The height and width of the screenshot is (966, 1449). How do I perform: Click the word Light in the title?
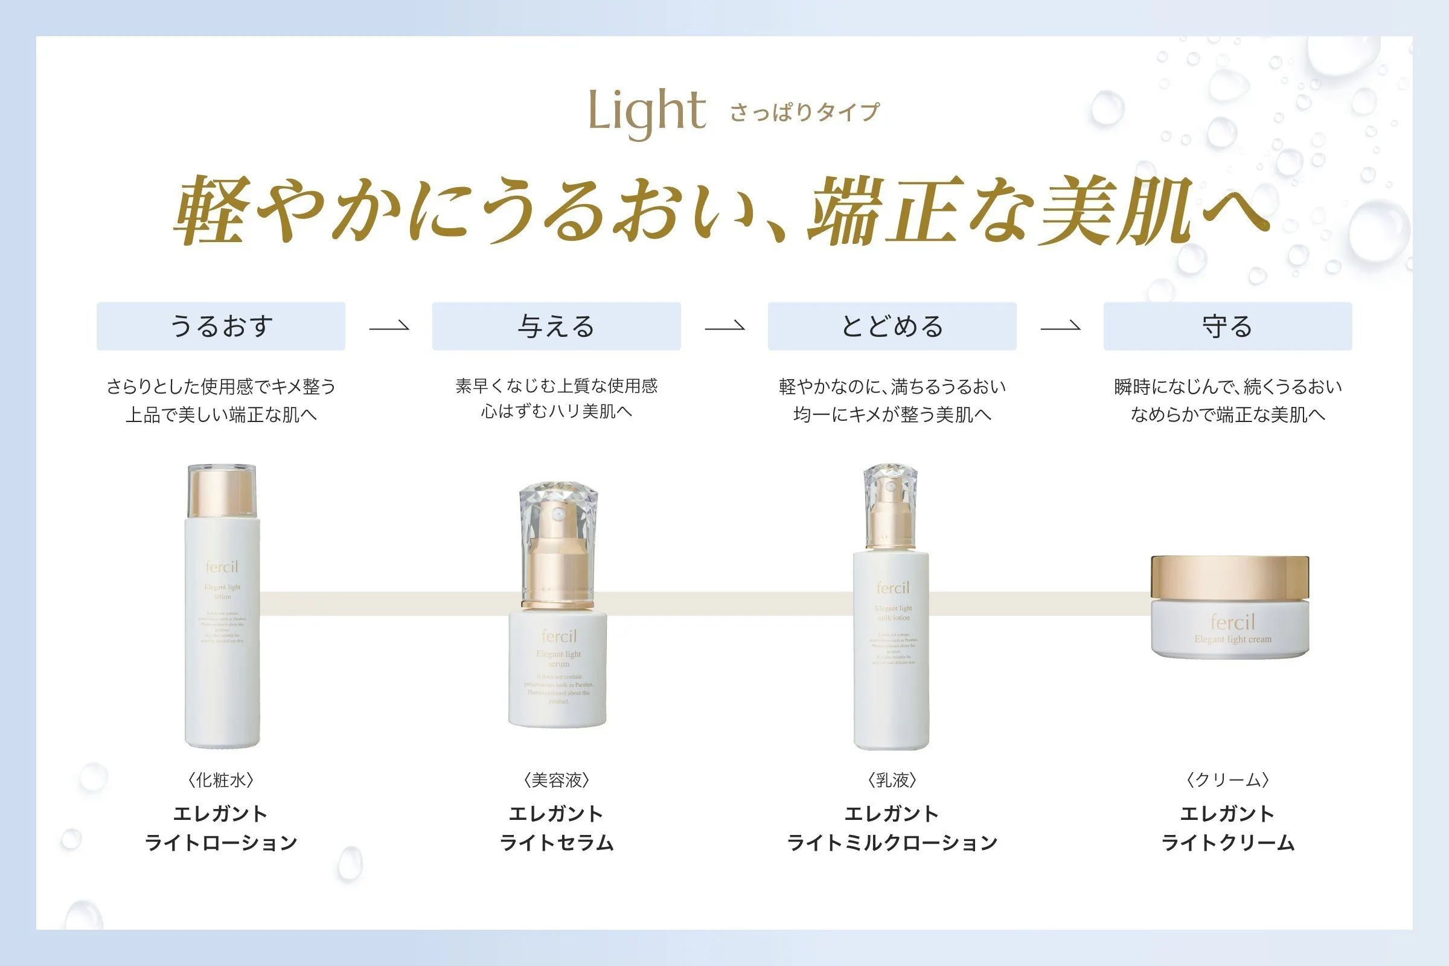pyautogui.click(x=646, y=112)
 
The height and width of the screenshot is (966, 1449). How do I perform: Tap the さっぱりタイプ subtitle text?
pyautogui.click(x=805, y=113)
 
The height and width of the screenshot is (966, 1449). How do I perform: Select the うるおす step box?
pyautogui.click(x=220, y=326)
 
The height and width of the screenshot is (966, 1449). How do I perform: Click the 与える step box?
pyautogui.click(x=556, y=326)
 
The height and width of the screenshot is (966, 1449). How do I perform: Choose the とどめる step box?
pyautogui.click(x=892, y=326)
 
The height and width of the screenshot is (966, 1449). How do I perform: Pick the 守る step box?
pyautogui.click(x=1227, y=326)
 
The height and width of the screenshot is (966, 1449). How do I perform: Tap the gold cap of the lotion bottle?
pyautogui.click(x=222, y=491)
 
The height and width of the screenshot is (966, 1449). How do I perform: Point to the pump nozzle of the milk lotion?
pyautogui.click(x=889, y=493)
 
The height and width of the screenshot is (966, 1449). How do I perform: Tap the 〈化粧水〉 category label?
pyautogui.click(x=220, y=780)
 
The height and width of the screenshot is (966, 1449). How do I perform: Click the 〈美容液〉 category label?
pyautogui.click(x=556, y=780)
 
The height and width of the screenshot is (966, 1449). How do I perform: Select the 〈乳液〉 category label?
pyautogui.click(x=892, y=780)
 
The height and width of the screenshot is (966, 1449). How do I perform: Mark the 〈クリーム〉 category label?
pyautogui.click(x=1227, y=780)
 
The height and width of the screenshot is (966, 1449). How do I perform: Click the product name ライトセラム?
pyautogui.click(x=556, y=842)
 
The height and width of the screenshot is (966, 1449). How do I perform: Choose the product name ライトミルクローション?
pyautogui.click(x=892, y=842)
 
